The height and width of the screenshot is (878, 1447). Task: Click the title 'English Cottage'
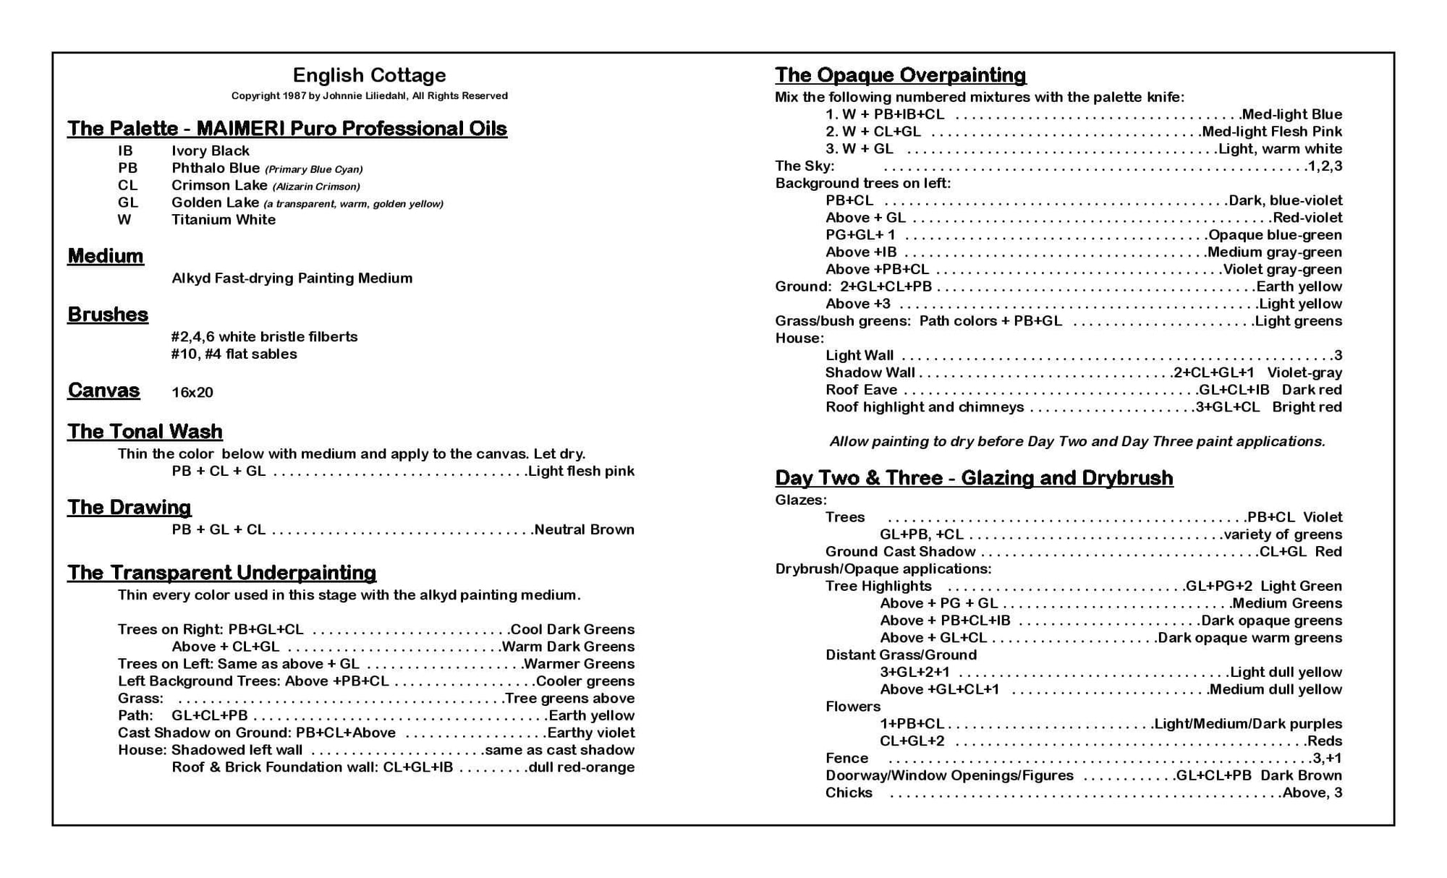pyautogui.click(x=369, y=75)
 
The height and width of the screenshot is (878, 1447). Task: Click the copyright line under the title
pyautogui.click(x=369, y=95)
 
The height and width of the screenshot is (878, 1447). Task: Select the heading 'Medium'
pyautogui.click(x=106, y=256)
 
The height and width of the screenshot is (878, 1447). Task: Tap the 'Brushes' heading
pyautogui.click(x=108, y=315)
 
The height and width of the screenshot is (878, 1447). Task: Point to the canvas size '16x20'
pyautogui.click(x=192, y=392)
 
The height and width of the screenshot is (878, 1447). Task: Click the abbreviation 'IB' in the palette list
pyautogui.click(x=125, y=150)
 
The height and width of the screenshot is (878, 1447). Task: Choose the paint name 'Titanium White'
pyautogui.click(x=223, y=219)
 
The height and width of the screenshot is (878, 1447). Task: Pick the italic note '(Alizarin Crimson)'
pyautogui.click(x=316, y=187)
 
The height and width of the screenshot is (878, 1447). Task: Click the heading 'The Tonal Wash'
pyautogui.click(x=145, y=432)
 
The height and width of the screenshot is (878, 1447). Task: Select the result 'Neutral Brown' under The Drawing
pyautogui.click(x=584, y=529)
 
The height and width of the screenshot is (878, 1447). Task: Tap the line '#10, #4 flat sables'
pyautogui.click(x=234, y=354)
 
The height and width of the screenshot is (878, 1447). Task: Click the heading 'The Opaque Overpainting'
pyautogui.click(x=900, y=75)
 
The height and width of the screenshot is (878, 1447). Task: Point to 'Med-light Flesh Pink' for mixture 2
pyautogui.click(x=1272, y=132)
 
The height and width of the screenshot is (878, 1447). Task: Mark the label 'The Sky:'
pyautogui.click(x=805, y=166)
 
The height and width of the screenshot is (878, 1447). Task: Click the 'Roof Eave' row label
pyautogui.click(x=861, y=390)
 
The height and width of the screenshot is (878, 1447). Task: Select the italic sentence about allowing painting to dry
pyautogui.click(x=1077, y=441)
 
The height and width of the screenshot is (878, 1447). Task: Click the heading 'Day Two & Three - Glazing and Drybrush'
pyautogui.click(x=974, y=478)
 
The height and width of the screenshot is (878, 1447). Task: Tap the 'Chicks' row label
pyautogui.click(x=849, y=793)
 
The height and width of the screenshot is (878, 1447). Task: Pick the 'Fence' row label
pyautogui.click(x=846, y=758)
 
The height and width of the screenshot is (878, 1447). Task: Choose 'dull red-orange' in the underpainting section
pyautogui.click(x=582, y=767)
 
